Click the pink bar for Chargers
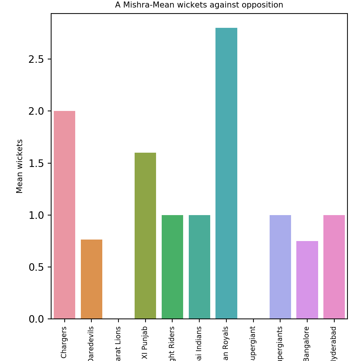coord(64,215)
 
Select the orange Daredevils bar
coord(91,279)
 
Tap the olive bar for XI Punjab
coord(145,235)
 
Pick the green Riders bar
coord(172,267)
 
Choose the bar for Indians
coord(199,267)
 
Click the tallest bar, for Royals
coord(226,173)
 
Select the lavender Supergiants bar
coord(280,267)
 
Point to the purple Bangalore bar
coord(307,280)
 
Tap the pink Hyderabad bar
coord(334,267)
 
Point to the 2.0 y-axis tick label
coord(36,111)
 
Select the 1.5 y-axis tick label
coord(36,163)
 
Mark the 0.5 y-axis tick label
coord(36,267)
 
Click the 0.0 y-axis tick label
coord(36,319)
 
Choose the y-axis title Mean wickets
coord(20,166)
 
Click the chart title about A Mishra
coord(199,5)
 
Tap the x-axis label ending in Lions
coord(118,343)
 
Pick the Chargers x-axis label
coord(64,342)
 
